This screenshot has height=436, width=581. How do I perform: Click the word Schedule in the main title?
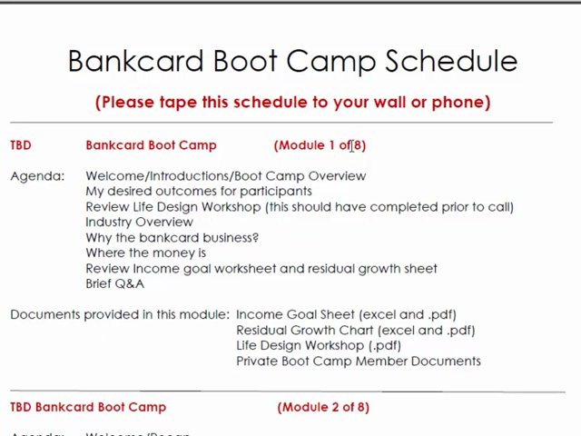(x=450, y=61)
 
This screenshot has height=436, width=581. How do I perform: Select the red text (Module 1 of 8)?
(x=320, y=144)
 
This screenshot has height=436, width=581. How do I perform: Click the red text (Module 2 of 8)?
(x=323, y=407)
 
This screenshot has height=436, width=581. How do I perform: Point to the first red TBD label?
(x=20, y=144)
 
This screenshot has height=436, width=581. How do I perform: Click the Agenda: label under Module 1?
(x=37, y=175)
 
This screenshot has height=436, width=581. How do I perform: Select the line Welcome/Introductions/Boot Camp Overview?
(x=225, y=175)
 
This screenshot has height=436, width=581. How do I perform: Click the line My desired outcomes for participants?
(x=198, y=191)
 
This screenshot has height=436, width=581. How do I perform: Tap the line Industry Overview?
(x=139, y=222)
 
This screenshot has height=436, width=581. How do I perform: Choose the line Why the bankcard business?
(x=172, y=237)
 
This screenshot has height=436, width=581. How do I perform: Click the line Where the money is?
(x=145, y=253)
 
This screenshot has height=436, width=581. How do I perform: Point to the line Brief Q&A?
(x=114, y=283)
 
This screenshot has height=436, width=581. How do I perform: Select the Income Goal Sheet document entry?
(x=346, y=314)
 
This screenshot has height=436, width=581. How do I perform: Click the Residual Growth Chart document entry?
(x=355, y=330)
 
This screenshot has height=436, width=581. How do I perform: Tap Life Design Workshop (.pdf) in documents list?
(x=318, y=345)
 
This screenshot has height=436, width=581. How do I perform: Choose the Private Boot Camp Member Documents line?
(x=358, y=361)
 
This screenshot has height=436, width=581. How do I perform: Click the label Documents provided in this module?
(x=120, y=314)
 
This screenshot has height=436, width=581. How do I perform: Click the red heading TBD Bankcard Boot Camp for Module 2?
(x=88, y=407)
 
